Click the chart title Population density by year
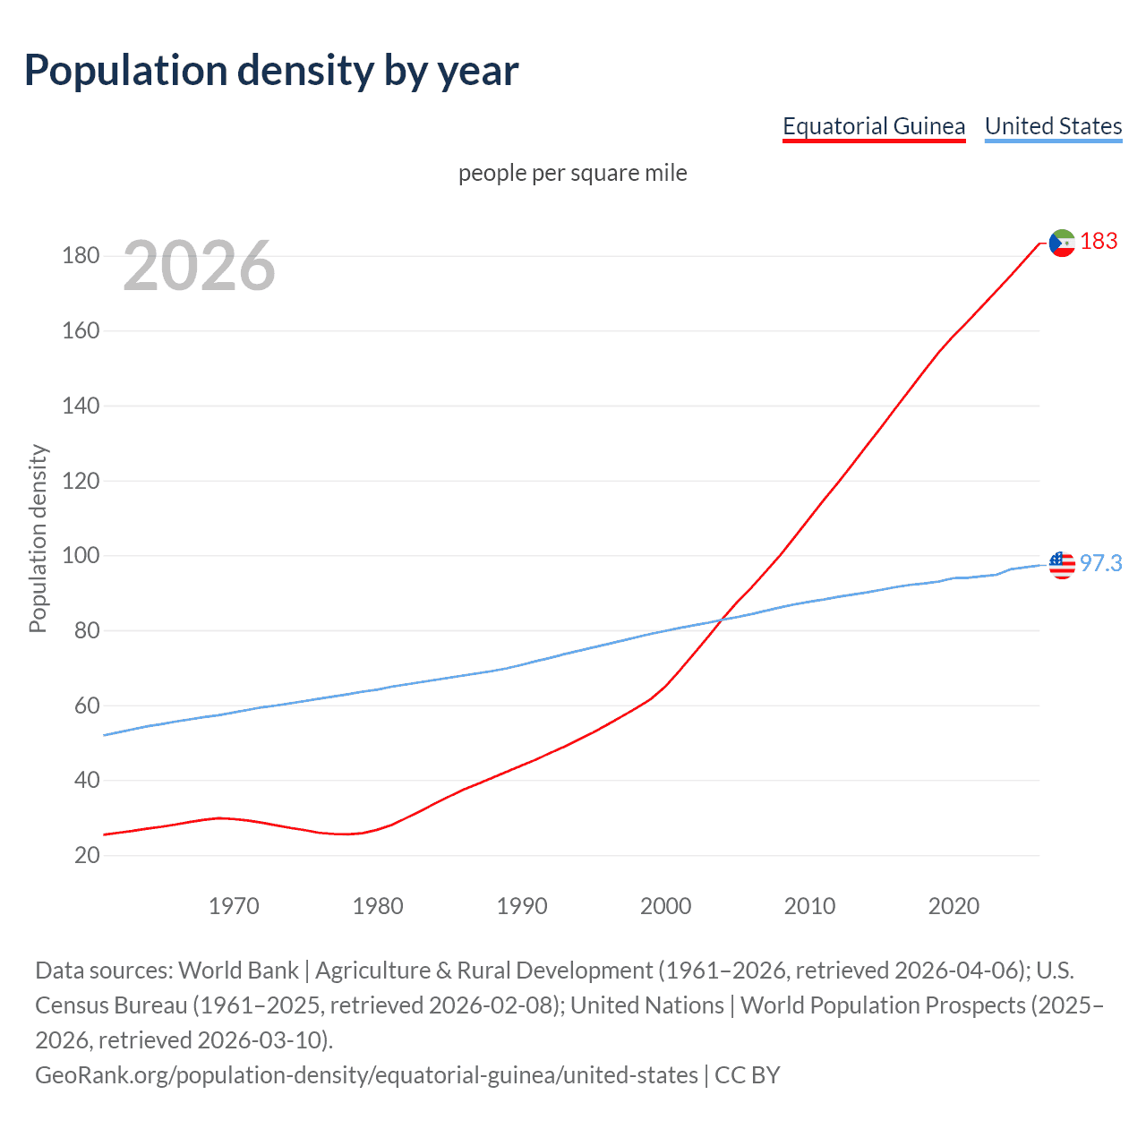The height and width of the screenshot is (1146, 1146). [x=271, y=71]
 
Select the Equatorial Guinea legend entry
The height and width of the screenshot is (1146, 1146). [x=874, y=126]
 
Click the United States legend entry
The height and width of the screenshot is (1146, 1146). [x=1053, y=126]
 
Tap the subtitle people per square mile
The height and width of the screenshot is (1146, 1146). [x=573, y=173]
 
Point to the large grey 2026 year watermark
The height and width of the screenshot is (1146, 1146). [x=199, y=265]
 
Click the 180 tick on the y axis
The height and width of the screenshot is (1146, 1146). [x=81, y=256]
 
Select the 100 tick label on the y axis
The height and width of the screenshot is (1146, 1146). [x=81, y=555]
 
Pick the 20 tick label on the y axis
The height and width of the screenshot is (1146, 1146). [x=87, y=855]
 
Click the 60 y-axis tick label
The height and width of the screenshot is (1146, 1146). [x=87, y=706]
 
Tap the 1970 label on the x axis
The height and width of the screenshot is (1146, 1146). [x=234, y=906]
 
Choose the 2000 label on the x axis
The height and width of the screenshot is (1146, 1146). [x=665, y=906]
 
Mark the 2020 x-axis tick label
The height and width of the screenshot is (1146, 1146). [x=954, y=906]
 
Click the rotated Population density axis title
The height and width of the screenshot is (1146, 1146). [x=38, y=539]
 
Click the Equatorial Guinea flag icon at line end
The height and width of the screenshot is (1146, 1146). [x=1062, y=243]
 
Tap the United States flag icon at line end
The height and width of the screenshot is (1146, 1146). [x=1062, y=565]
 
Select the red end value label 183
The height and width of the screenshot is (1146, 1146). [x=1099, y=241]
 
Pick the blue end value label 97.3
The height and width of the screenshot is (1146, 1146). [x=1100, y=563]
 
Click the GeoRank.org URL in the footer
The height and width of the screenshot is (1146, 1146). [x=366, y=1074]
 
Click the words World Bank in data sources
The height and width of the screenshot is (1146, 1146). [x=238, y=971]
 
